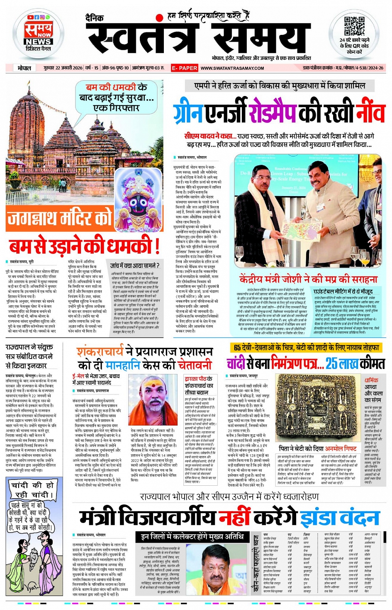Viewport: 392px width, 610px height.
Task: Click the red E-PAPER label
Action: tap(185, 68)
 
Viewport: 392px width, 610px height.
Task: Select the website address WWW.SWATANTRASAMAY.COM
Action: tap(232, 68)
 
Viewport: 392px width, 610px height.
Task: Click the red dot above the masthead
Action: tap(159, 18)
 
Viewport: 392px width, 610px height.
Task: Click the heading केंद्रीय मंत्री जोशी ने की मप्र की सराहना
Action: tap(309, 279)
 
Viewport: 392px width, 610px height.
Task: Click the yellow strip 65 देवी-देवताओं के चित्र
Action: tap(305, 347)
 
